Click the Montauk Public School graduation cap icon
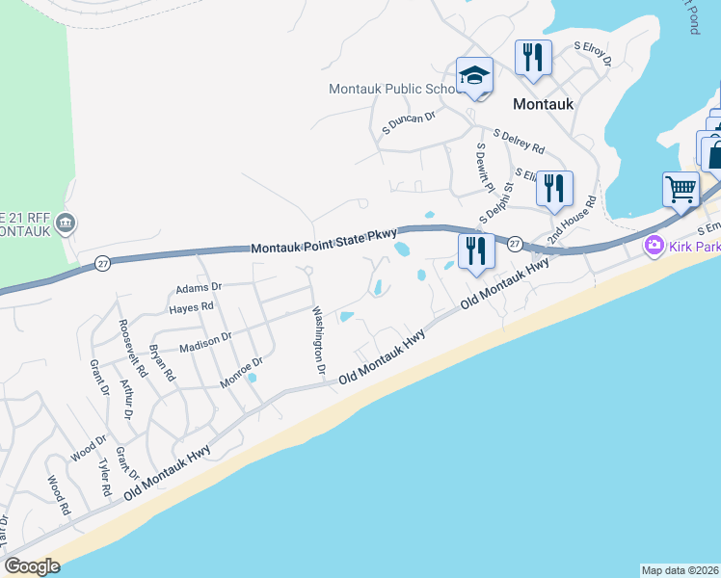pos(475,76)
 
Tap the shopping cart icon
pos(681,188)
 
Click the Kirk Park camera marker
pos(654,247)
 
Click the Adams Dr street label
pos(199,287)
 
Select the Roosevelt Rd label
pos(130,348)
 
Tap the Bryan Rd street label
pos(161,362)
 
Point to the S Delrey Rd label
pos(519,143)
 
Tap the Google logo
pos(32,566)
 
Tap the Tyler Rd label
pos(105,477)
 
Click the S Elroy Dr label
pos(594,53)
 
